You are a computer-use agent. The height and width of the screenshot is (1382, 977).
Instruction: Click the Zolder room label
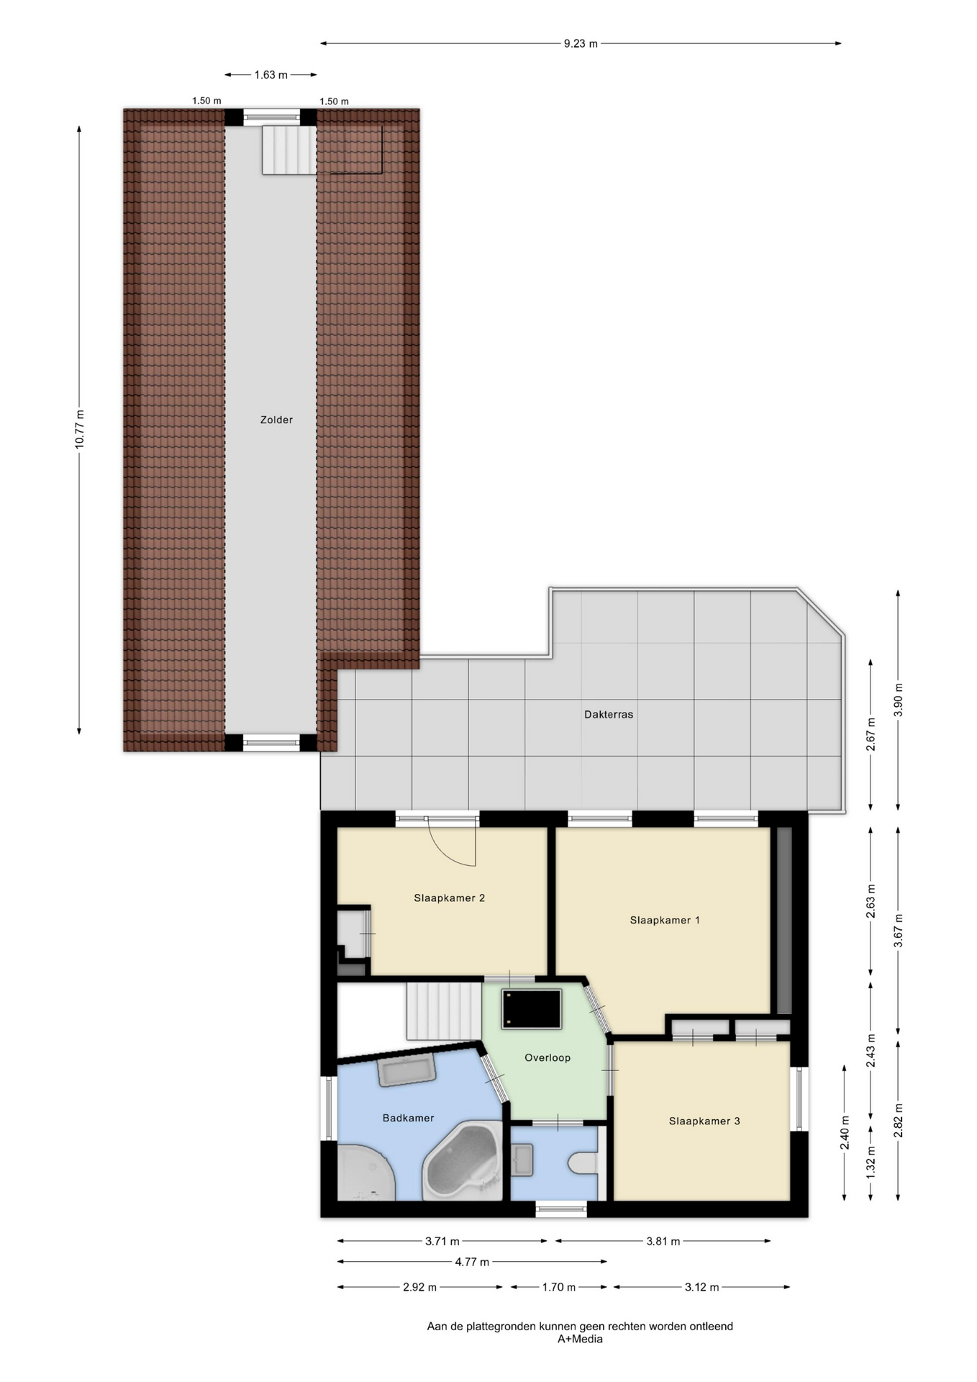pyautogui.click(x=276, y=420)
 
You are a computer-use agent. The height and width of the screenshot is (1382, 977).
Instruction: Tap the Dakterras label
pyautogui.click(x=609, y=715)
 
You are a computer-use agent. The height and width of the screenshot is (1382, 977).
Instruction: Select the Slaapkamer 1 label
pyautogui.click(x=665, y=920)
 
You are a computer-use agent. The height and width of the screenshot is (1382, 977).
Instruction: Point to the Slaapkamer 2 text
pyautogui.click(x=449, y=898)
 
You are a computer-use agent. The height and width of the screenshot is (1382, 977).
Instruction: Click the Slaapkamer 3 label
pyautogui.click(x=704, y=1121)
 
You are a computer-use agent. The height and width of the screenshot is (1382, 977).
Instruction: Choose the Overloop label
pyautogui.click(x=547, y=1057)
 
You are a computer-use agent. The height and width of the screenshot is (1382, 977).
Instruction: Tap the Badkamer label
pyautogui.click(x=408, y=1118)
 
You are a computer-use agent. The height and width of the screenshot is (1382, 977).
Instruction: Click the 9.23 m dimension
pyautogui.click(x=581, y=43)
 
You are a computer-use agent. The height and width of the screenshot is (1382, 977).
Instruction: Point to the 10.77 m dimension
pyautogui.click(x=79, y=429)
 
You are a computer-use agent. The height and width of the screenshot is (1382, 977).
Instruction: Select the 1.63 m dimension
pyautogui.click(x=271, y=75)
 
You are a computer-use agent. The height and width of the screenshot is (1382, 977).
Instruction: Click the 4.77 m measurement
pyautogui.click(x=472, y=1262)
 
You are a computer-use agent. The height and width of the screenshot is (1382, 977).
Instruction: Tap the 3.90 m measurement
pyautogui.click(x=898, y=699)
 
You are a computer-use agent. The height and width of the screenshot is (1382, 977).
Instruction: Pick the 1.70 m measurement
pyautogui.click(x=558, y=1287)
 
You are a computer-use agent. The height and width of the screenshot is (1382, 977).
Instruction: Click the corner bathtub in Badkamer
pyautogui.click(x=463, y=1160)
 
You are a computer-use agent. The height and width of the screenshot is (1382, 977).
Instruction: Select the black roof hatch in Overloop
pyautogui.click(x=532, y=1009)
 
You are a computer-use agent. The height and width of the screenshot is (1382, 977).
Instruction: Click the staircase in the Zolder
pyautogui.click(x=288, y=150)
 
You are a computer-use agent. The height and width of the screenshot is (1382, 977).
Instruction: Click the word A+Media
pyautogui.click(x=580, y=1340)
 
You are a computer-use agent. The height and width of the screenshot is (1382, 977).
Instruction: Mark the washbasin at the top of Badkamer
pyautogui.click(x=406, y=1071)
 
